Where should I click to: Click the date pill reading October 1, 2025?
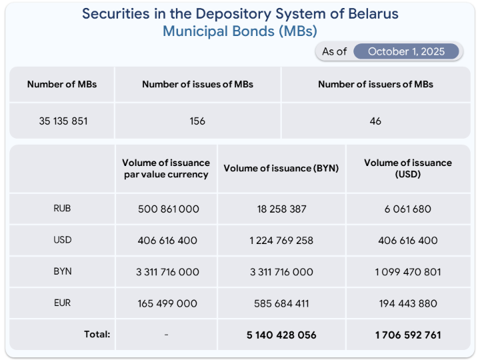[x=406, y=51]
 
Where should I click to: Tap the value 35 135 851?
[x=63, y=121]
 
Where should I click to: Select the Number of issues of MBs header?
[x=197, y=84]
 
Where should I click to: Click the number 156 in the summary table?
[x=197, y=121]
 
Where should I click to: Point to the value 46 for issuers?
[x=375, y=121]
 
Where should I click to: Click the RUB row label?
[x=62, y=208]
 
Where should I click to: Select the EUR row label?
[x=62, y=303]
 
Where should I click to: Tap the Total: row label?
[x=97, y=334]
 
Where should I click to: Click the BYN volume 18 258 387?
[x=281, y=209]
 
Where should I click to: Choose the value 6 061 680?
[x=407, y=209]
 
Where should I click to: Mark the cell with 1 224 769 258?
[x=281, y=240]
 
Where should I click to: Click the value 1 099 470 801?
[x=407, y=272]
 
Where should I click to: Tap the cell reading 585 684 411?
[x=281, y=303]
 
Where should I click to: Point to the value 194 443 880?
[x=407, y=303]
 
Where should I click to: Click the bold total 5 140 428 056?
[x=281, y=335]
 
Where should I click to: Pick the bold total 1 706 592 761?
[x=407, y=335]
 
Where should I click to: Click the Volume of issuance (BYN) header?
[x=281, y=168]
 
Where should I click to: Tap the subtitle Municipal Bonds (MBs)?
[x=240, y=31]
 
